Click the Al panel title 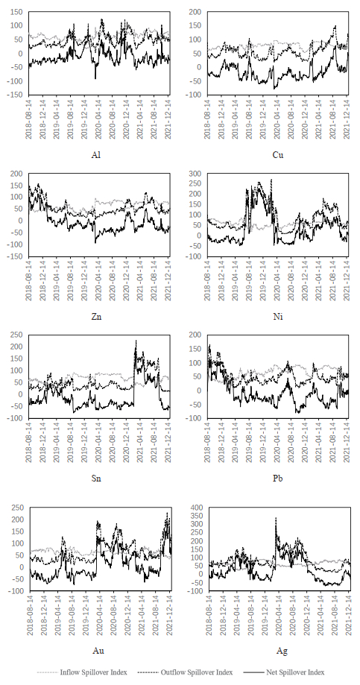pyautogui.click(x=97, y=155)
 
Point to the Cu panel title pyautogui.click(x=277, y=155)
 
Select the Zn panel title pyautogui.click(x=97, y=317)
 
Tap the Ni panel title pyautogui.click(x=277, y=317)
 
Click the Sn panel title pyautogui.click(x=97, y=479)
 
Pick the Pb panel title pyautogui.click(x=277, y=479)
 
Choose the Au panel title pyautogui.click(x=98, y=651)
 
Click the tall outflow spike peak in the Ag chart pyautogui.click(x=276, y=519)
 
